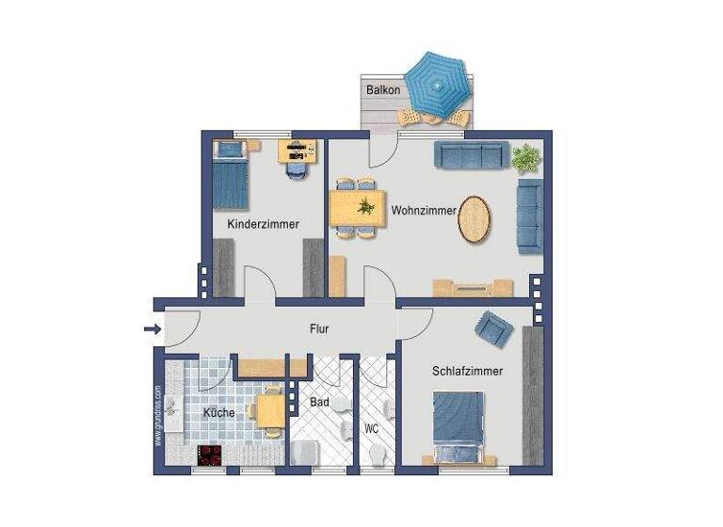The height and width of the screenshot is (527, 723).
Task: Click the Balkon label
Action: (x=384, y=90)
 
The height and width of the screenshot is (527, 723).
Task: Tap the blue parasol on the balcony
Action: (x=435, y=83)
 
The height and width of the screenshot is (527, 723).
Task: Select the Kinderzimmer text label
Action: (x=264, y=225)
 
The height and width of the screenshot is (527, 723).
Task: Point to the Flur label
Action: (x=319, y=329)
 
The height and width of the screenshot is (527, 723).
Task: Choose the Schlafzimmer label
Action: (x=467, y=372)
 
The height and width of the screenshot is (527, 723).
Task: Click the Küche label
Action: (x=218, y=413)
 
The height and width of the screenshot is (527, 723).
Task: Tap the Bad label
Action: (x=320, y=403)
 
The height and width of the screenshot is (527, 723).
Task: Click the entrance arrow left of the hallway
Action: (x=151, y=328)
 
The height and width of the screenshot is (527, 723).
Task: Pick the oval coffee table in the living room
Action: (x=474, y=219)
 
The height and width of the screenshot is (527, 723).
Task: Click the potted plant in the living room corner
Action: (x=525, y=157)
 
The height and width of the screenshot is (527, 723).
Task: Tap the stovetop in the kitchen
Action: (x=209, y=455)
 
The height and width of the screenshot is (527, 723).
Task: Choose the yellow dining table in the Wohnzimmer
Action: (x=356, y=208)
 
